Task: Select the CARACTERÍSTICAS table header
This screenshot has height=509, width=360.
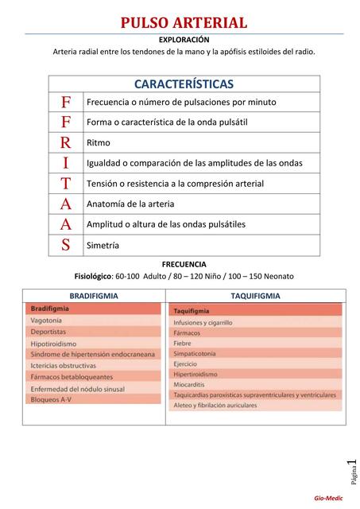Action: pyautogui.click(x=184, y=84)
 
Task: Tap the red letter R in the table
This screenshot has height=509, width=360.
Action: pyautogui.click(x=66, y=142)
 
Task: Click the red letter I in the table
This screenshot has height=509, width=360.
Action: pyautogui.click(x=66, y=163)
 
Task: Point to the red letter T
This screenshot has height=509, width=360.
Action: pyautogui.click(x=66, y=184)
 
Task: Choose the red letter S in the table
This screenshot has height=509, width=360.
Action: pyautogui.click(x=66, y=245)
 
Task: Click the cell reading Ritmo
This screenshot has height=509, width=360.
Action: pyautogui.click(x=99, y=143)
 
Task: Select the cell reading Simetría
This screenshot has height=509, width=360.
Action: pyautogui.click(x=103, y=246)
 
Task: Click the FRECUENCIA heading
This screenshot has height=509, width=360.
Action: pyautogui.click(x=184, y=263)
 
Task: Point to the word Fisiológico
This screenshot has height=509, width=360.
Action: pyautogui.click(x=95, y=276)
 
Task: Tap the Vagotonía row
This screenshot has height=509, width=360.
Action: pyautogui.click(x=48, y=320)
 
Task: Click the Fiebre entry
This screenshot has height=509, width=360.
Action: pyautogui.click(x=184, y=343)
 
